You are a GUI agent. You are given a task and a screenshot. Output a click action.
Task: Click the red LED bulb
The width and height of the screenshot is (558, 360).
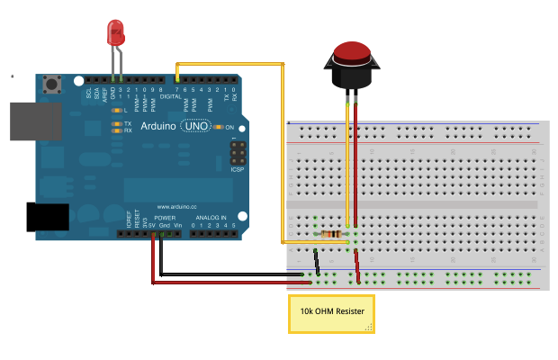coord(116,35)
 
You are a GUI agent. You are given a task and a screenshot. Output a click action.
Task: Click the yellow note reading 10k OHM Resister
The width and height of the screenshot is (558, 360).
coord(330,313)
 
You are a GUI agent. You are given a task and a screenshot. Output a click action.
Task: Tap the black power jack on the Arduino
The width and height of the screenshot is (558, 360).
coord(48,217)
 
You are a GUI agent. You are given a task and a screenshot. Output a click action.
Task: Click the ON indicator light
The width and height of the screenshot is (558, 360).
coord(218,126)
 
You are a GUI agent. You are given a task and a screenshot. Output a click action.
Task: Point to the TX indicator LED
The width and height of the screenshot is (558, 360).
coord(117,122)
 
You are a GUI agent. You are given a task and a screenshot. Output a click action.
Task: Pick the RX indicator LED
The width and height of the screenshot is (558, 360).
coord(117,130)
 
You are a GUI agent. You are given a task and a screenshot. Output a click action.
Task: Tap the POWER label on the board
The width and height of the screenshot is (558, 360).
coord(164,217)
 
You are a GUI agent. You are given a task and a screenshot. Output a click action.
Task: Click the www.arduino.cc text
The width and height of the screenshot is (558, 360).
coord(176,204)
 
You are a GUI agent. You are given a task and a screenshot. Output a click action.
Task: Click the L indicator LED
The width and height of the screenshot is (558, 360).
coord(116,110)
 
